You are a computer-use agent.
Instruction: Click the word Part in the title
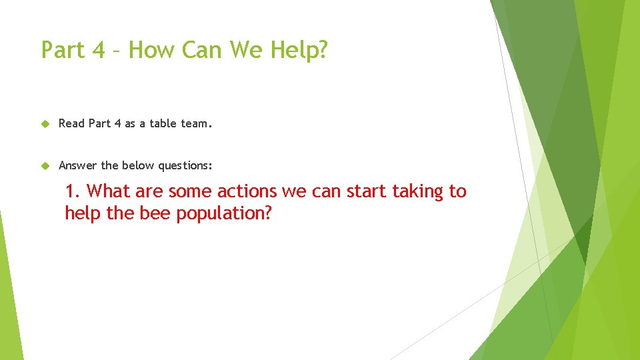click(62, 49)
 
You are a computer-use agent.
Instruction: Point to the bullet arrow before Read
click(45, 123)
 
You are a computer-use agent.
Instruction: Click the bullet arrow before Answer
click(45, 165)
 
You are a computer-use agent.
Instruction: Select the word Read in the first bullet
click(72, 123)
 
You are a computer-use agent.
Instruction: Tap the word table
click(163, 123)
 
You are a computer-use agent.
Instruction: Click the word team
click(195, 123)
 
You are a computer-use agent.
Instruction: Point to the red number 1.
click(72, 191)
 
